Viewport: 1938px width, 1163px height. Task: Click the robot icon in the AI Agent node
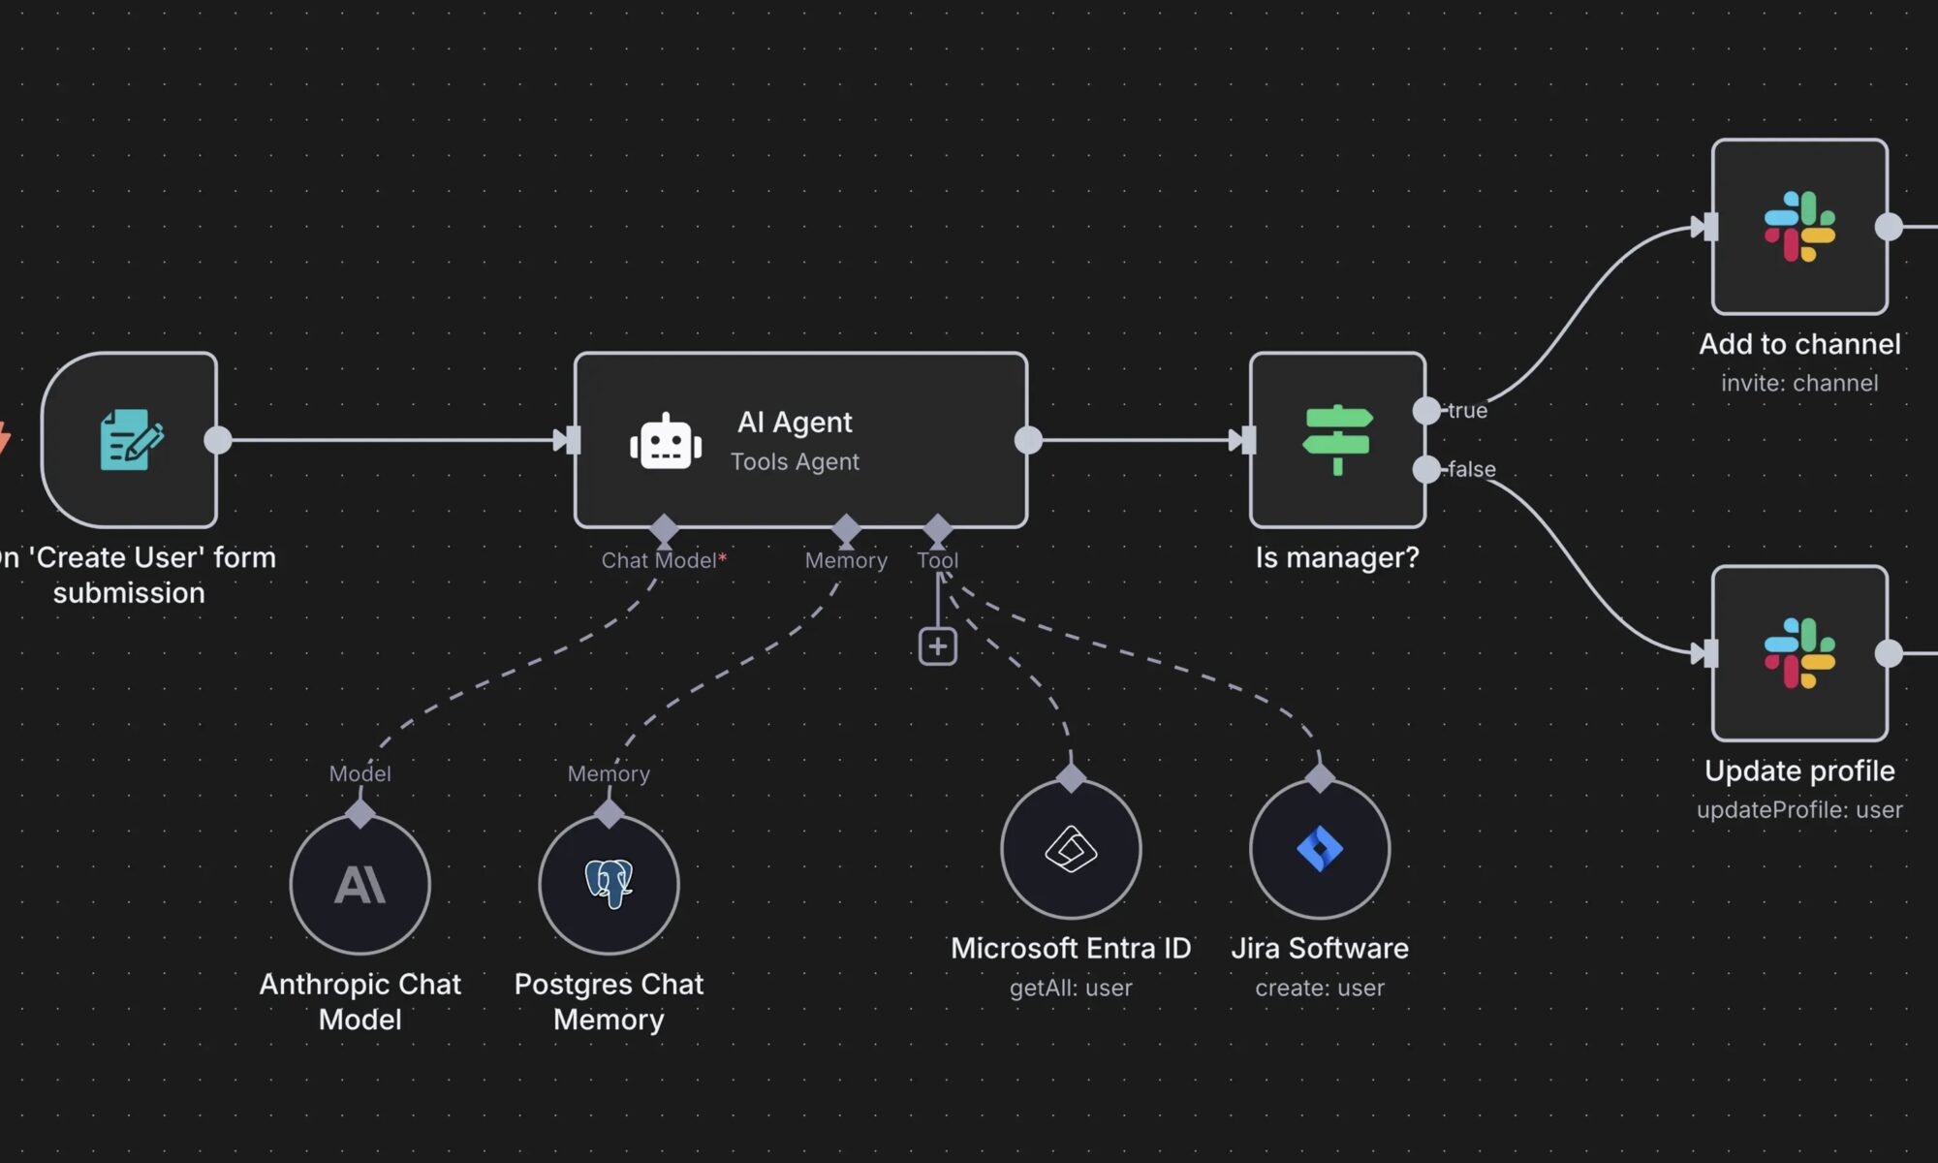coord(666,442)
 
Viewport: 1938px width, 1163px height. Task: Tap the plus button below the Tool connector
coord(937,646)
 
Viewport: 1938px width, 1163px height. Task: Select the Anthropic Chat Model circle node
coord(359,884)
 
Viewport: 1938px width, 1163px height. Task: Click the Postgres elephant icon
coord(609,883)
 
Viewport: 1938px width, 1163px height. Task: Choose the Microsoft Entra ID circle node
coord(1071,849)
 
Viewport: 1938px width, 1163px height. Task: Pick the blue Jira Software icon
coord(1320,849)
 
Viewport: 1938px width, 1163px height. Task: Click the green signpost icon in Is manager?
coord(1337,439)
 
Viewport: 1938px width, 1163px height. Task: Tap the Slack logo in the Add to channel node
coord(1799,227)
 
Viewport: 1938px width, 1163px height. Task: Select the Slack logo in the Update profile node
coord(1799,653)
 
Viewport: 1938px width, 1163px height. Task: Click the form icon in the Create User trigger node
coord(131,439)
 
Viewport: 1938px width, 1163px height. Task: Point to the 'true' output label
coord(1467,411)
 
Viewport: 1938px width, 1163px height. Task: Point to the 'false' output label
coord(1471,469)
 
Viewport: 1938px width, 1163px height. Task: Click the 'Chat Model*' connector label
coord(663,560)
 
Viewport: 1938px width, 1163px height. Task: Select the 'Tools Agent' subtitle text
coord(795,461)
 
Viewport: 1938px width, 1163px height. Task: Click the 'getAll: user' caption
coord(1071,988)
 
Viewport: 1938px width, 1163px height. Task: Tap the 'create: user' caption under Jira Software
coord(1320,988)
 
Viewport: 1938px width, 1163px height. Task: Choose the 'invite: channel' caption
coord(1799,383)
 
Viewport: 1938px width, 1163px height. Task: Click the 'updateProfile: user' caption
coord(1799,809)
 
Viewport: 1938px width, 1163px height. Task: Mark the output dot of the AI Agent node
coord(1028,440)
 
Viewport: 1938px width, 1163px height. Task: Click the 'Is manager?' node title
coord(1337,557)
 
